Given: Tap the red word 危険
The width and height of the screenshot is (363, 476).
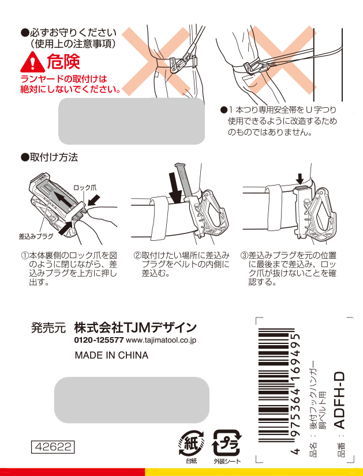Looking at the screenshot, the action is tap(63, 62).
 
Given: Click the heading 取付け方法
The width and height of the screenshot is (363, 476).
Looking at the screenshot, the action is tap(54, 157).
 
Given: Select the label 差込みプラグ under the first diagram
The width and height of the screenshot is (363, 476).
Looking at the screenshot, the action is tap(36, 236).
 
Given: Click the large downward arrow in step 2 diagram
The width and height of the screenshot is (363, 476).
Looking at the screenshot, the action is tap(175, 188).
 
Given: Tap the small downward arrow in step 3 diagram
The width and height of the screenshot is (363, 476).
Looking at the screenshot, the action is tap(300, 179).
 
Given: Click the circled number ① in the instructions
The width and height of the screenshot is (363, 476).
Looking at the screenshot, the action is tap(25, 255).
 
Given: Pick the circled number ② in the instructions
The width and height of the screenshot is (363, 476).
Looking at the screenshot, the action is tap(137, 255).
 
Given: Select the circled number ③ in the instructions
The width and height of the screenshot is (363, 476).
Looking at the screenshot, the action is tap(245, 255).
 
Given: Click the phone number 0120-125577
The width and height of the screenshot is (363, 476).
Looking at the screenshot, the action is tap(99, 340).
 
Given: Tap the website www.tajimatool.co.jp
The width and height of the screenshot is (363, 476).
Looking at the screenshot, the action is tap(161, 341).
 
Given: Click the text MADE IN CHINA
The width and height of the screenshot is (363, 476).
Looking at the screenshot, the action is tap(111, 355).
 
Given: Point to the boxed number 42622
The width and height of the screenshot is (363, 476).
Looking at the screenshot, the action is tap(53, 447).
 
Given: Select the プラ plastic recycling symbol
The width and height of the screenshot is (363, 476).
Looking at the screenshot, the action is tap(227, 444).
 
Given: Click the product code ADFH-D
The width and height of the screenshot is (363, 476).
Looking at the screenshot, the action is tap(340, 400).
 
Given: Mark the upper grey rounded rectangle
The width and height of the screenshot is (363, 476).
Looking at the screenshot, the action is tap(132, 121).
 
